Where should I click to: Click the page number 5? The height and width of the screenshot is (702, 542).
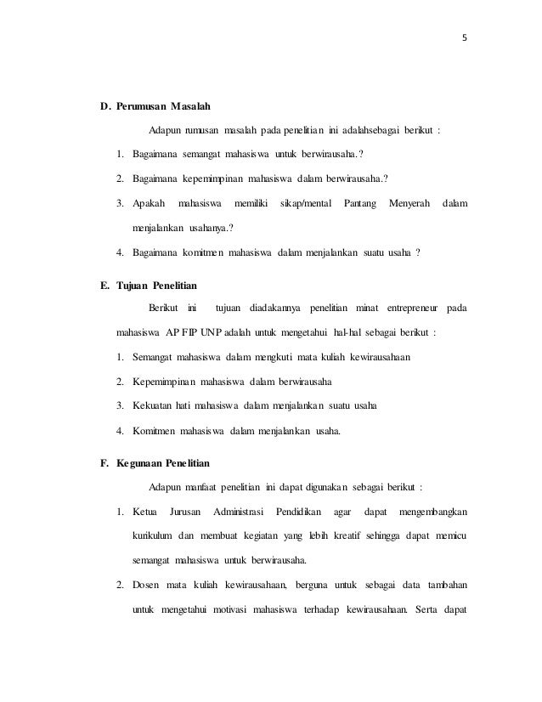click(465, 37)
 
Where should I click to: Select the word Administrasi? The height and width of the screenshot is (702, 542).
click(240, 512)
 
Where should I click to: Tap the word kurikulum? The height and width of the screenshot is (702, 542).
click(154, 536)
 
